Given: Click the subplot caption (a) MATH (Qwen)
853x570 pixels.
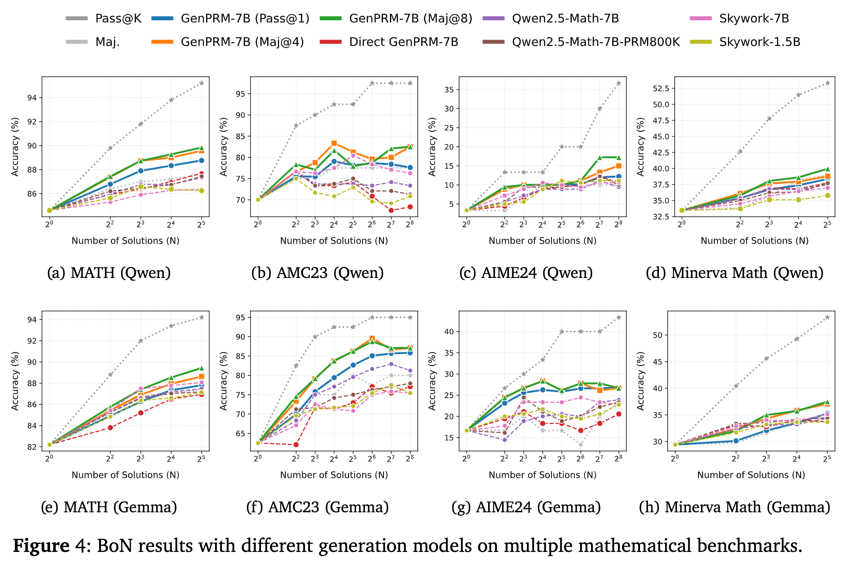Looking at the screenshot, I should (x=109, y=273).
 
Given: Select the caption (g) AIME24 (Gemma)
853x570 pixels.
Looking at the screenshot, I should (x=526, y=507).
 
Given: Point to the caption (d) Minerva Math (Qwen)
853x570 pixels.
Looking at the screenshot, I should (x=734, y=273).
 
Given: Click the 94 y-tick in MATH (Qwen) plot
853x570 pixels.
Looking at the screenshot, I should (x=32, y=98).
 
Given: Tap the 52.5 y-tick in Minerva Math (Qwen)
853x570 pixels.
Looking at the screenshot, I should (x=660, y=89).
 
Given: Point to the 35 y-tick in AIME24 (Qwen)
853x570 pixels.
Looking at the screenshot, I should (x=449, y=89).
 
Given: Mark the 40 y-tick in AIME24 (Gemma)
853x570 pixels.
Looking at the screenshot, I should (x=449, y=332).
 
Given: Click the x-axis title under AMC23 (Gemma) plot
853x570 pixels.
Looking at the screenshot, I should (x=334, y=475).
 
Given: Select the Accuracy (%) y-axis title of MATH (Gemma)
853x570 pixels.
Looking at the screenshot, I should (x=15, y=381).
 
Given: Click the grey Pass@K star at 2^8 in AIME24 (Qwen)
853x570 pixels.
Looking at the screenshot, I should (x=618, y=83).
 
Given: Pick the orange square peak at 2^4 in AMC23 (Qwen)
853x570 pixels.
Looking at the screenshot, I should (x=334, y=143).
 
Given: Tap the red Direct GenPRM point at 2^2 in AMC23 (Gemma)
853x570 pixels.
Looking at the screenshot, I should (x=296, y=444).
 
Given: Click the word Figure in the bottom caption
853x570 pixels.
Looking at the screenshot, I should (x=41, y=546).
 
